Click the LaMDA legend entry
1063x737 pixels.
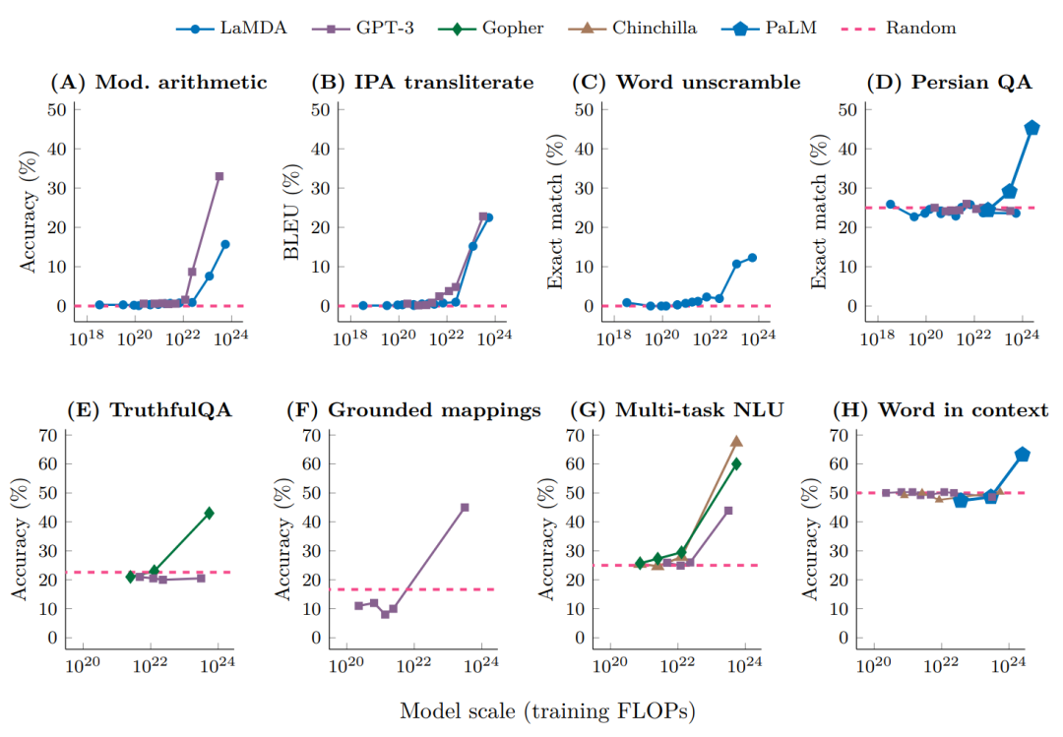(x=231, y=28)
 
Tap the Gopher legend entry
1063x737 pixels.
(x=509, y=28)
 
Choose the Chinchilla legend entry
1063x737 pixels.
(x=653, y=28)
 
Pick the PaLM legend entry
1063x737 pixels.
(x=794, y=28)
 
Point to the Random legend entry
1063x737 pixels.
(x=919, y=28)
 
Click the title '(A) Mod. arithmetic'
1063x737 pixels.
(x=158, y=82)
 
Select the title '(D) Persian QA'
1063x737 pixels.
(x=949, y=82)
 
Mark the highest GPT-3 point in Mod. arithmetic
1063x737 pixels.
(x=219, y=176)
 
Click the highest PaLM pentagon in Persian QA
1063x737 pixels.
(x=1032, y=128)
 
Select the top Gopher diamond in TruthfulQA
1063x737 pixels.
(x=209, y=513)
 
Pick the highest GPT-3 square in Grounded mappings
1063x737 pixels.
(x=465, y=507)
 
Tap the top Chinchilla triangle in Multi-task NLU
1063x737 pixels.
(x=735, y=442)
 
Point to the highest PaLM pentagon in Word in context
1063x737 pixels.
(x=1023, y=455)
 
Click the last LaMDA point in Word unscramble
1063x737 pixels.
(x=752, y=258)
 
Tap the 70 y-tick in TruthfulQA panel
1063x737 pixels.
(x=45, y=434)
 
